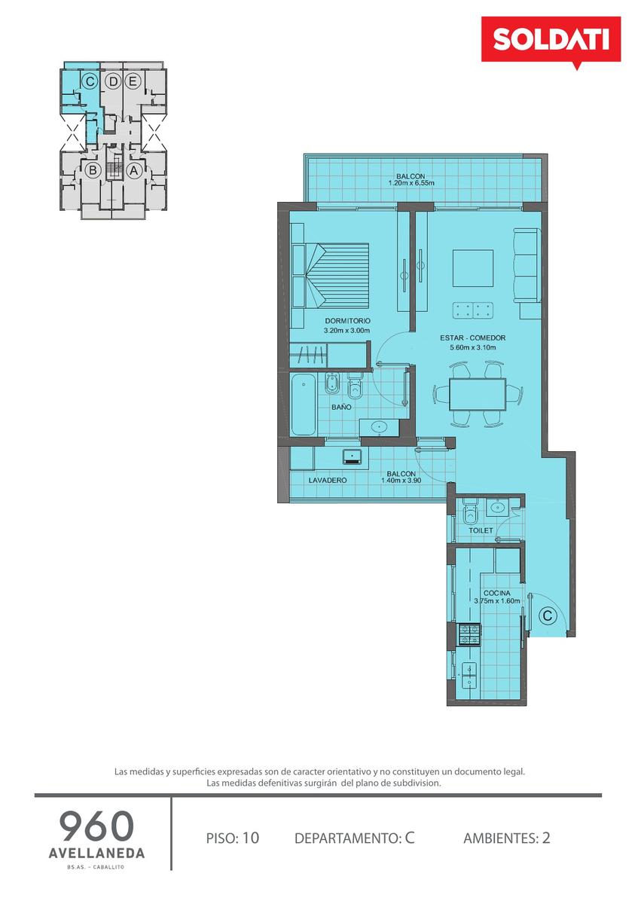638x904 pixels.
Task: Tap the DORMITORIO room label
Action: [x=347, y=321]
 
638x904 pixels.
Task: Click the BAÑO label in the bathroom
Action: [x=341, y=408]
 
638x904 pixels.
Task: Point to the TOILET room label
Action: [x=481, y=530]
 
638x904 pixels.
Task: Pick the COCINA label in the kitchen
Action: [x=496, y=593]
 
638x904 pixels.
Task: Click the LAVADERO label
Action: [x=328, y=481]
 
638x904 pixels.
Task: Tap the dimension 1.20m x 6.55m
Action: [x=411, y=183]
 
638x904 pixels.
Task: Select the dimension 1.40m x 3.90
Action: [x=401, y=481]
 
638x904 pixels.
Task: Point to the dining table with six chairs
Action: [x=478, y=394]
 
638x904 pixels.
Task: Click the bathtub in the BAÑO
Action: [x=304, y=404]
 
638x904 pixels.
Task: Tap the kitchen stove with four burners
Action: [x=469, y=634]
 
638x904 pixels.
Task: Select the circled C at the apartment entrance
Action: [x=547, y=615]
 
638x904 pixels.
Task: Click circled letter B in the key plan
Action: [x=93, y=170]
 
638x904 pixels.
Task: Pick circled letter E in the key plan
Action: [x=132, y=81]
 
